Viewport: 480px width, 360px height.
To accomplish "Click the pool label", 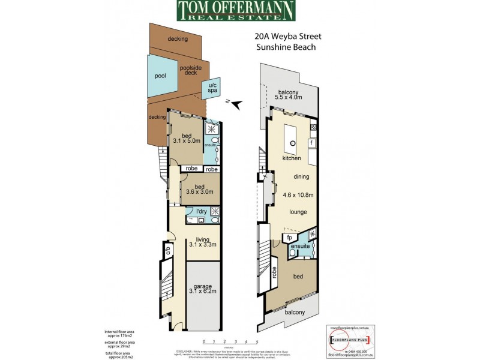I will (160, 76).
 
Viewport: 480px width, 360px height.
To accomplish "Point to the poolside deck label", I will (189, 70).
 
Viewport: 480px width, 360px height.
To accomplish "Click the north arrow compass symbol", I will (238, 105).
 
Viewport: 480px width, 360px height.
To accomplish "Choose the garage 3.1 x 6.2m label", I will (203, 290).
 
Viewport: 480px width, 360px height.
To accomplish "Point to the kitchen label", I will (292, 158).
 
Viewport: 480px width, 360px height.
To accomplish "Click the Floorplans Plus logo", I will (349, 340).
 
